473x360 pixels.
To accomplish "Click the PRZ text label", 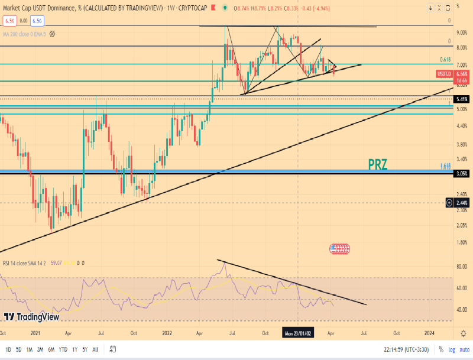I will tap(378, 164).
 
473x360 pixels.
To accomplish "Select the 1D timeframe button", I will tap(8, 349).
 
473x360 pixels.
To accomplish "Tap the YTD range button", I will tap(63, 349).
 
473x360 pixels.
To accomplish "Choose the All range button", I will tap(95, 349).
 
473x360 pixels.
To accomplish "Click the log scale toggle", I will tap(451, 349).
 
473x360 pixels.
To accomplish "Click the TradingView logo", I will tap(31, 317).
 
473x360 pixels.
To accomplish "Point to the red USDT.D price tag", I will tap(444, 73).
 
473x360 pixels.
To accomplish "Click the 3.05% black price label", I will tap(462, 174).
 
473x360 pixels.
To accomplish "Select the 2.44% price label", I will tap(462, 203).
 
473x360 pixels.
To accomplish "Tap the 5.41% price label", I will tap(462, 99).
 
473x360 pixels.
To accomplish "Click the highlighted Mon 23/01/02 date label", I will tap(297, 333).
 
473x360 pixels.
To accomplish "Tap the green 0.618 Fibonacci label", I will tap(446, 60).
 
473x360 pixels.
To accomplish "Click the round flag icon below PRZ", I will tap(339, 249).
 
